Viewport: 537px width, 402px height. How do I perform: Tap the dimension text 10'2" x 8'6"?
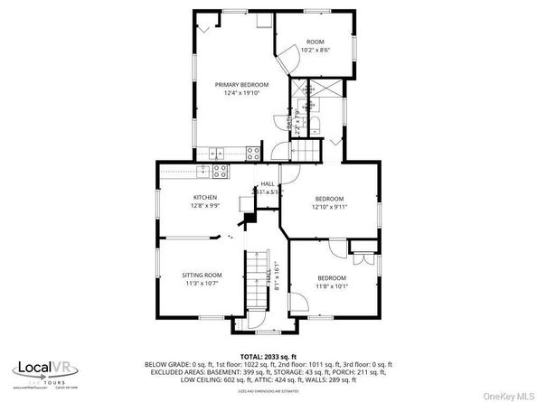tap(315, 50)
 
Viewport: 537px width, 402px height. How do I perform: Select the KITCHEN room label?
tap(204, 197)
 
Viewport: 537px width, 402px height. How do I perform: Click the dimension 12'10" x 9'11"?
tap(329, 206)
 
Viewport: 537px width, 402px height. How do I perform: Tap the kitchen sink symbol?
tap(205, 170)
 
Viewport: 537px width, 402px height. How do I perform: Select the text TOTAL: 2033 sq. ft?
tap(268, 357)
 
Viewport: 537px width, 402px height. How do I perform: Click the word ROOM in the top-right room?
tap(315, 42)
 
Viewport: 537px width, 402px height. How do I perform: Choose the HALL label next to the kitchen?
tap(268, 183)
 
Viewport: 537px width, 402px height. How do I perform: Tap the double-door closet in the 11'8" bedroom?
tap(364, 257)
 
